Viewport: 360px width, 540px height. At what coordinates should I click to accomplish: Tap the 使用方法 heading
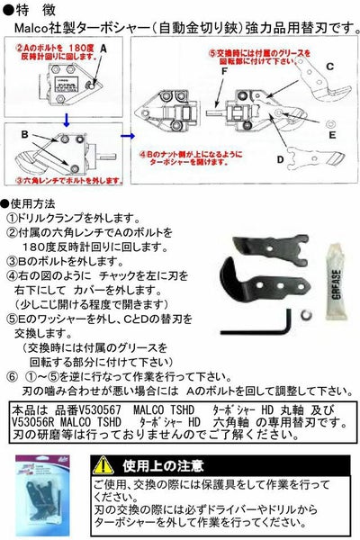[x=37, y=205]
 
